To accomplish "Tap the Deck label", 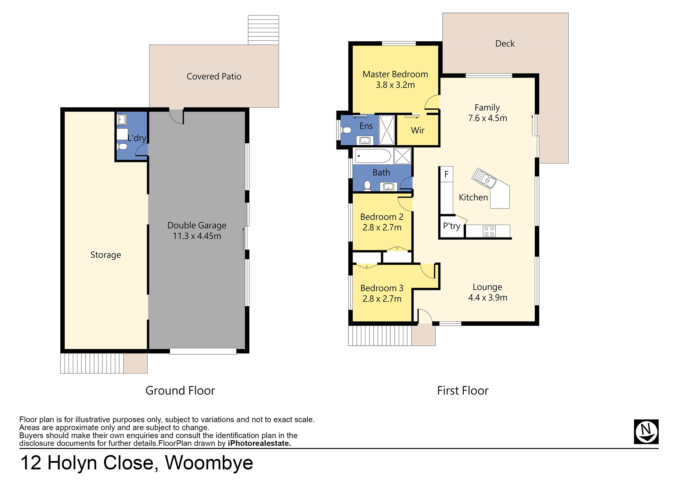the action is [505, 44].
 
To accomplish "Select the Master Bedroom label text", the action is [395, 74].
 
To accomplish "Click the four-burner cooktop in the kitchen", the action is [489, 231].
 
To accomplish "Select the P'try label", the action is [451, 226].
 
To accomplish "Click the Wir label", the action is [418, 130].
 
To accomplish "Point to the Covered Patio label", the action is [214, 77].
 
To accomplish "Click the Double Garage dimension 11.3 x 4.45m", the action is [197, 236].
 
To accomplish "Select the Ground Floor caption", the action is [180, 390].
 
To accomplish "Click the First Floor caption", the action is [463, 390].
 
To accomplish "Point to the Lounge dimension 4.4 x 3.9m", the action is [488, 298].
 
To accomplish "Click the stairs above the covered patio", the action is [263, 30].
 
